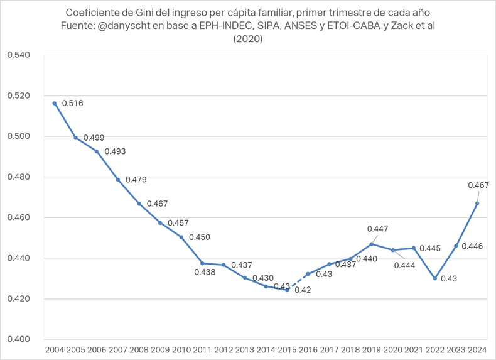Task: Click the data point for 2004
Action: pyautogui.click(x=55, y=103)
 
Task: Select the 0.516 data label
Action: pyautogui.click(x=72, y=103)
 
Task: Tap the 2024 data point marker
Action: pyautogui.click(x=477, y=204)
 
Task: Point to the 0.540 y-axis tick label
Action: pyautogui.click(x=19, y=55)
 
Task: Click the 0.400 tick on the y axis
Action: pyautogui.click(x=19, y=339)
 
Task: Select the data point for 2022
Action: pyautogui.click(x=434, y=278)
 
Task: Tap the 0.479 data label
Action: pyautogui.click(x=136, y=180)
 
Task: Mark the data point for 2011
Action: pyautogui.click(x=202, y=263)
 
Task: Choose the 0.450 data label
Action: pyautogui.click(x=199, y=237)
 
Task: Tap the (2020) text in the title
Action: pyautogui.click(x=247, y=39)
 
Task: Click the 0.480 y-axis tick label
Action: pyautogui.click(x=19, y=177)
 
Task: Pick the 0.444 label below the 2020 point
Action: pyautogui.click(x=405, y=265)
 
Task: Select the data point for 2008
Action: pyautogui.click(x=139, y=204)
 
